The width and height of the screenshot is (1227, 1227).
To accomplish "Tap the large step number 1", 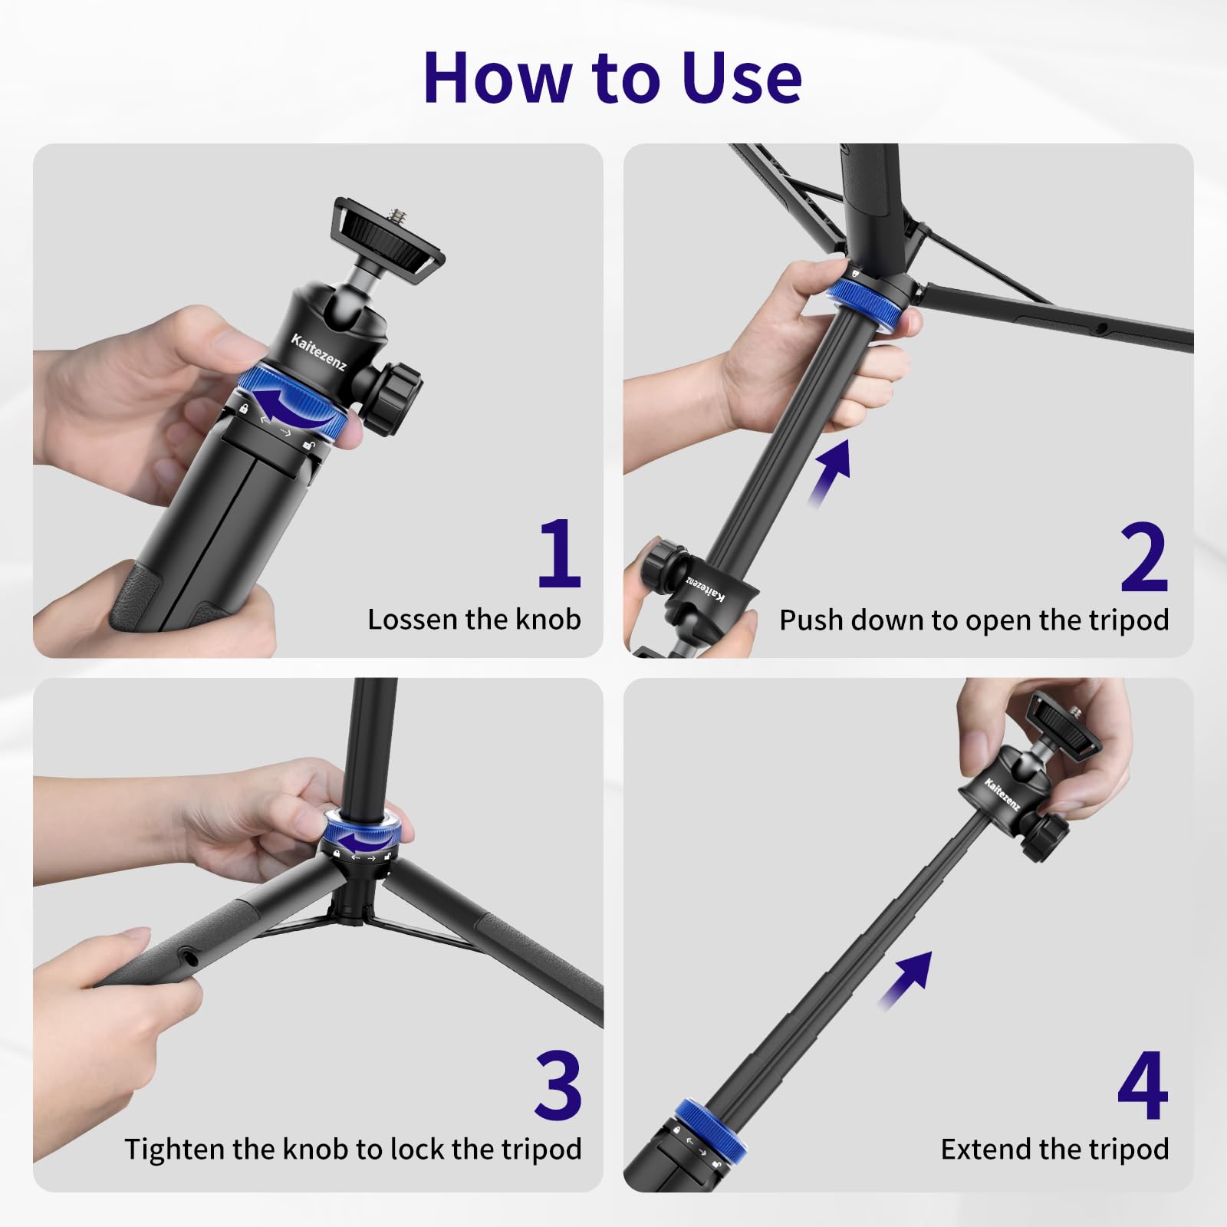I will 559,553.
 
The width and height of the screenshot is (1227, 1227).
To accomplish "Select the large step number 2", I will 1143,558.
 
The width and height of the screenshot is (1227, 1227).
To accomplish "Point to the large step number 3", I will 558,1085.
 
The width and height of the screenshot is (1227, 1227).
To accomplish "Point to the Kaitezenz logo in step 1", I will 318,353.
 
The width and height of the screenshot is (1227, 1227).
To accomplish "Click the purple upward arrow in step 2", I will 831,471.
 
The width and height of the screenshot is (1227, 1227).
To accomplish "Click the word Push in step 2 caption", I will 811,620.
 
